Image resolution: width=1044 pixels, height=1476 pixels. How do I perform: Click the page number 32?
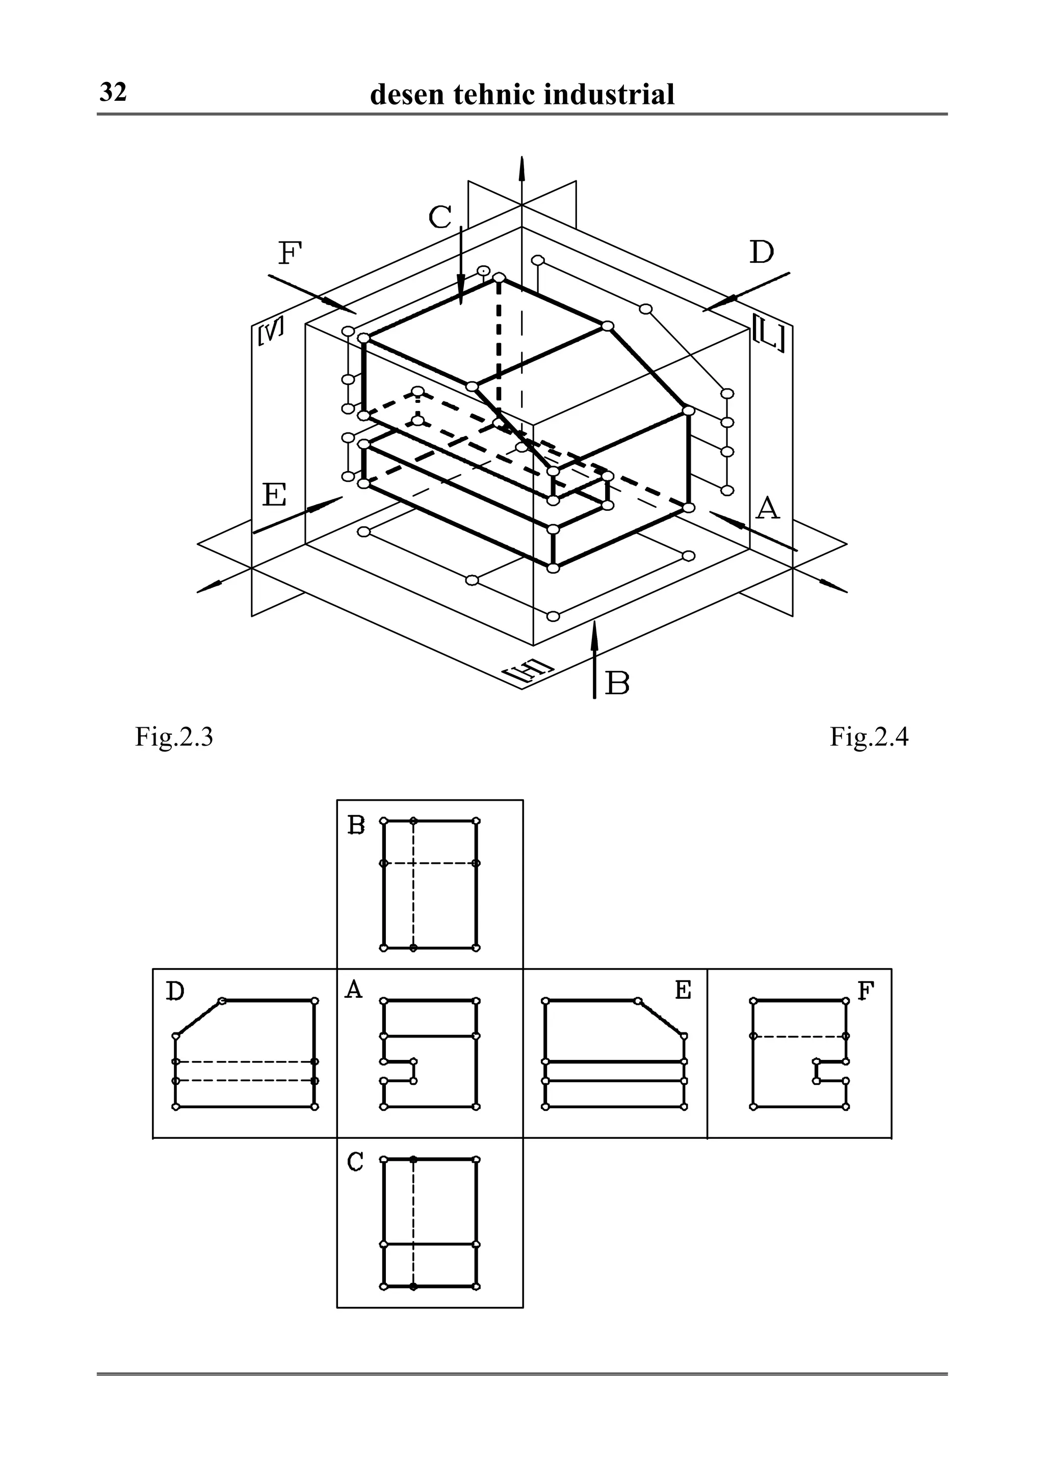113,93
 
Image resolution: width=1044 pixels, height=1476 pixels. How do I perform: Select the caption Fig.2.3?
174,736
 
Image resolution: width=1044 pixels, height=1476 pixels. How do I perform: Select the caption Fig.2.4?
869,736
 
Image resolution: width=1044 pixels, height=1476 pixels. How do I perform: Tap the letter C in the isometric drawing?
440,217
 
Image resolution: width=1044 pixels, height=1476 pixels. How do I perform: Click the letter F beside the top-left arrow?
290,254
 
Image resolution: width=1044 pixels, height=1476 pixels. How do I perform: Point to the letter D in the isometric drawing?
762,253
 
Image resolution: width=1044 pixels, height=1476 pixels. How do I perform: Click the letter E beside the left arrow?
275,496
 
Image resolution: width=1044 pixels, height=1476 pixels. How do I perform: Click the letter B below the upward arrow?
617,684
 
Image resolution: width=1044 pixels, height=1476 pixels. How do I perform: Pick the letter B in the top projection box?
356,825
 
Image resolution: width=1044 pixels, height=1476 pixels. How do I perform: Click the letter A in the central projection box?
354,990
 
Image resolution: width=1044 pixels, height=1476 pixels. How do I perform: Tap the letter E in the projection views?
683,991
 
